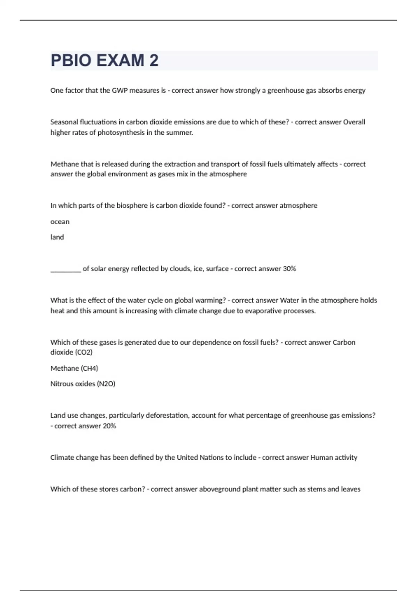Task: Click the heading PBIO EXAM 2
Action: tap(105, 60)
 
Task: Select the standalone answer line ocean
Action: tap(60, 222)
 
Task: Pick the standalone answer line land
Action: tap(57, 237)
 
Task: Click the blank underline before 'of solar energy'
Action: tap(66, 269)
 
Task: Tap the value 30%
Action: tap(289, 269)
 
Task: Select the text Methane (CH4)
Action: tap(74, 368)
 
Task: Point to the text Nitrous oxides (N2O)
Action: tap(83, 384)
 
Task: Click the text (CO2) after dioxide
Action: tap(84, 353)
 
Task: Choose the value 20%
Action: tap(109, 426)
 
